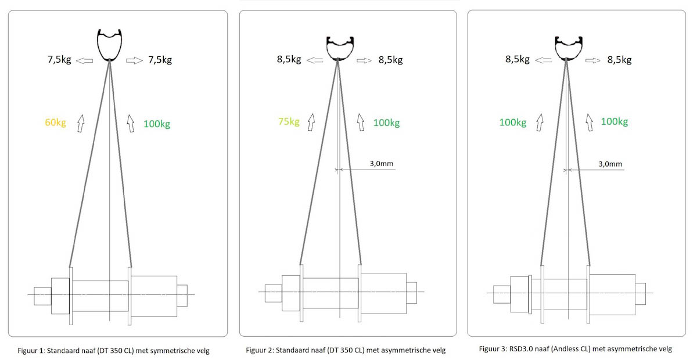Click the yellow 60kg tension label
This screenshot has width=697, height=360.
pyautogui.click(x=55, y=123)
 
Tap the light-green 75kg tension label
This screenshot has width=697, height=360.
pyautogui.click(x=289, y=121)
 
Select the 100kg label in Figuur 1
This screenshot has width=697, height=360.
pyautogui.click(x=157, y=124)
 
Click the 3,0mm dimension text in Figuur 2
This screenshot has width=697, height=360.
pyautogui.click(x=382, y=163)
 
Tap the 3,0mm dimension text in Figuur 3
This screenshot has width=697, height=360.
pyautogui.click(x=610, y=164)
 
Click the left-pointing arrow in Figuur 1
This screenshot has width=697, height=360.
pyautogui.click(x=84, y=60)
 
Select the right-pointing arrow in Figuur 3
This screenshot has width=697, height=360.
pyautogui.click(x=593, y=60)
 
